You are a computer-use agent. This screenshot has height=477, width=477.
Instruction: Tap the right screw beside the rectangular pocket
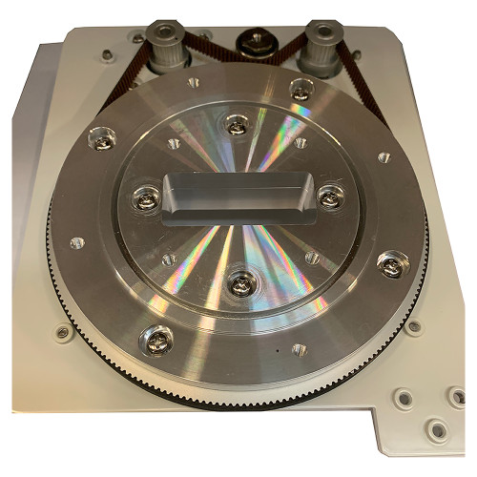point(330,196)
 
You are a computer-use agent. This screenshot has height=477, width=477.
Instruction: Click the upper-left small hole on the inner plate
point(174,144)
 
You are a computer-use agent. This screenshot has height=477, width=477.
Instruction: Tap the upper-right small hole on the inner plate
point(301,144)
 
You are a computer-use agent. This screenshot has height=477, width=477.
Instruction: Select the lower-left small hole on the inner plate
point(169,258)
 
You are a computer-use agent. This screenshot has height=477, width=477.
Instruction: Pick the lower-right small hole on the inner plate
point(311,255)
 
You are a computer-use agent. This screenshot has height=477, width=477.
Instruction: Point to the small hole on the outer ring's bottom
point(299,349)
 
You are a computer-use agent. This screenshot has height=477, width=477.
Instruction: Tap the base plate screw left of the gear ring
point(63,333)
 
